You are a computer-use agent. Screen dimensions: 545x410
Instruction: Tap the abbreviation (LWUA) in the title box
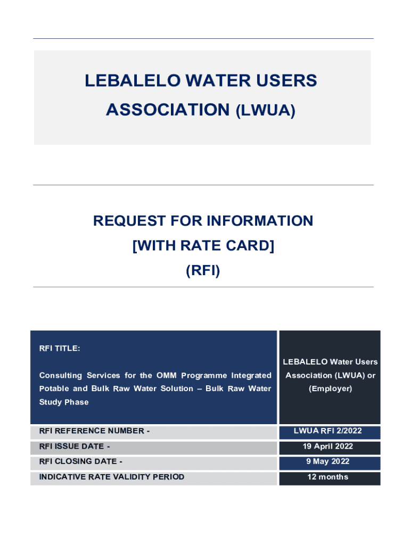pos(265,110)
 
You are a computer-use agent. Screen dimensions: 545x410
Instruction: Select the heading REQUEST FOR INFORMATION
pos(203,221)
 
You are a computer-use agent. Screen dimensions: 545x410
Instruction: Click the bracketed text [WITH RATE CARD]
pos(203,246)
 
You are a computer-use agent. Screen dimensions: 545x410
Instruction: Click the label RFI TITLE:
pos(60,349)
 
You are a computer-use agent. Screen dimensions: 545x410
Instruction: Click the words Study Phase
pos(64,402)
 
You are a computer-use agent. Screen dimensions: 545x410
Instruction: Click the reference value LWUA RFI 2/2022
pos(329,431)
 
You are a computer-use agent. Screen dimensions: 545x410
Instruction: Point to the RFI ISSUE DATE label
pos(75,447)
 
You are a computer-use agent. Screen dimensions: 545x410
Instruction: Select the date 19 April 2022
pos(329,447)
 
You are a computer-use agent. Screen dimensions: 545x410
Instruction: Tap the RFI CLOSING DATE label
pos(80,461)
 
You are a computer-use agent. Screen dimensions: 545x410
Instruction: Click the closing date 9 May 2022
pos(329,461)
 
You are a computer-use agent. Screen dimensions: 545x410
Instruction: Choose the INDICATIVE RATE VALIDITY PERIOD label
pos(112,477)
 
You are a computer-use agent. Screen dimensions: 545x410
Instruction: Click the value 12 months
pos(329,477)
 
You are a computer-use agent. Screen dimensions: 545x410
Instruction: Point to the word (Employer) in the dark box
pos(330,389)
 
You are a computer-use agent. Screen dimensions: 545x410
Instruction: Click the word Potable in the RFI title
pos(55,389)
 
